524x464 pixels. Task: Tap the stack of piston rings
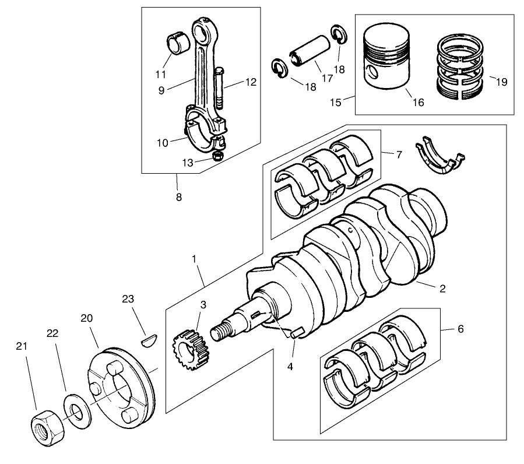tap(462, 66)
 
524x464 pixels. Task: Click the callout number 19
tap(501, 82)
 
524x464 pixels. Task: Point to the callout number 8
tap(178, 197)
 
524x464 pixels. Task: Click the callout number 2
tap(442, 289)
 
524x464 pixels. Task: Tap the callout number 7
tap(399, 155)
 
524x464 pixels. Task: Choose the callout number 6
tap(460, 329)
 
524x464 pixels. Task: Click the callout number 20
tap(87, 318)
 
